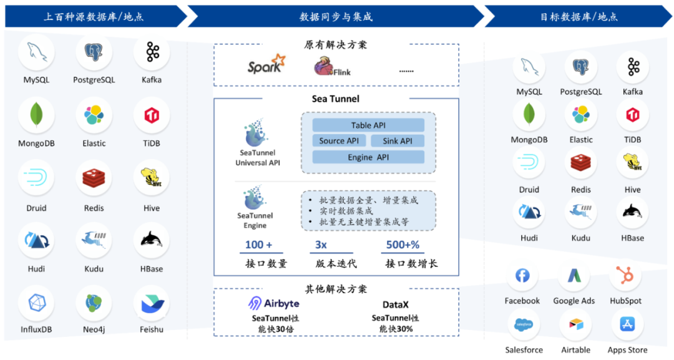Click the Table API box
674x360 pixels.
(x=368, y=125)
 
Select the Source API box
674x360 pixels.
(x=339, y=141)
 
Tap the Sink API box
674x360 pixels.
(x=398, y=141)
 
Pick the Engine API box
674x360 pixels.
(x=368, y=157)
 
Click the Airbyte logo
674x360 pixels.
(x=273, y=304)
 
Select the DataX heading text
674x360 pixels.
(x=396, y=304)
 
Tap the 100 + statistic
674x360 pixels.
(x=258, y=245)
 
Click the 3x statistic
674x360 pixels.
(x=321, y=245)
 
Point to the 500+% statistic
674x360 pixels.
(x=403, y=245)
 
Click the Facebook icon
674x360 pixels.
(x=522, y=276)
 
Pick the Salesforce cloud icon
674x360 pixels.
(x=523, y=325)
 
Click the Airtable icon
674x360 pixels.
(x=575, y=325)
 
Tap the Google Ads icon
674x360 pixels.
(x=574, y=276)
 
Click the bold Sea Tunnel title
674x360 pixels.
(x=336, y=99)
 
